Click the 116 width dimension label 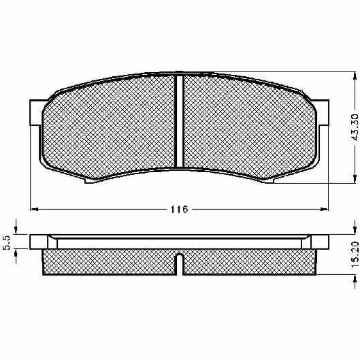[179, 209]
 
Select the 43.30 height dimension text [355, 127]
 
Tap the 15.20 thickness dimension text [355, 253]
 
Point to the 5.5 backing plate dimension [7, 243]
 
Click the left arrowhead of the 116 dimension [34, 209]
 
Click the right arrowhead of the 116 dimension [325, 209]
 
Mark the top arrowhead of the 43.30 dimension [355, 76]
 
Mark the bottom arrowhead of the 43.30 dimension [355, 179]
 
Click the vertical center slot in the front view [179, 121]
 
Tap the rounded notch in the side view [179, 264]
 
